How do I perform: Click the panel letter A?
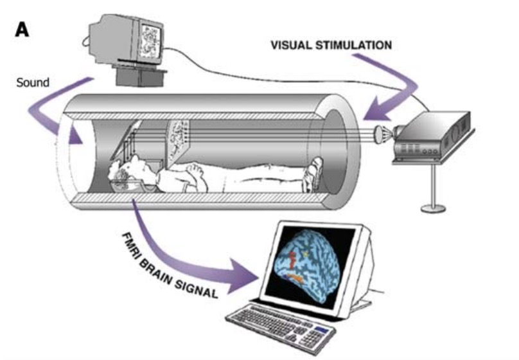22,30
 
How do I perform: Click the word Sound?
33,83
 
